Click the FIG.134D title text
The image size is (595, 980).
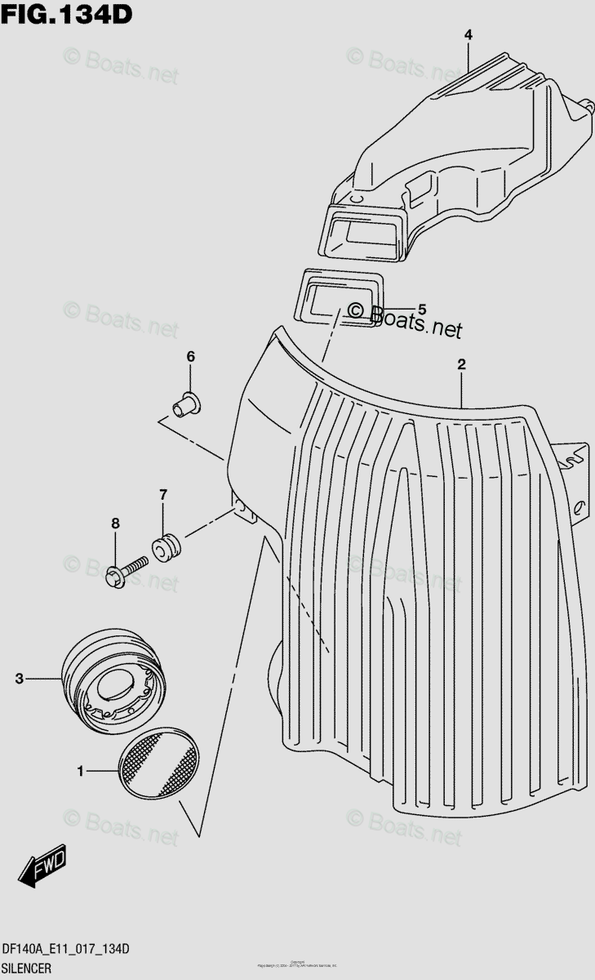coord(67,14)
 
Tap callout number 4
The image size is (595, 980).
coord(468,34)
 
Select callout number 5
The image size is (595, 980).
coord(422,309)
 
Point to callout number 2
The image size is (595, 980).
coord(461,364)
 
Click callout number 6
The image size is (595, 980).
coord(190,356)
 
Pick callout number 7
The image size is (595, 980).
coord(162,494)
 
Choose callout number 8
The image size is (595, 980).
coord(115,523)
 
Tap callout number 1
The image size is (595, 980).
coord(80,769)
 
